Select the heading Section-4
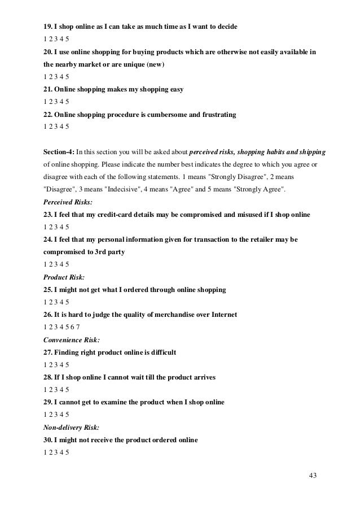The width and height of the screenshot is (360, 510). coord(58,152)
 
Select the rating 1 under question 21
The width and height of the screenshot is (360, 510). coord(45,102)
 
